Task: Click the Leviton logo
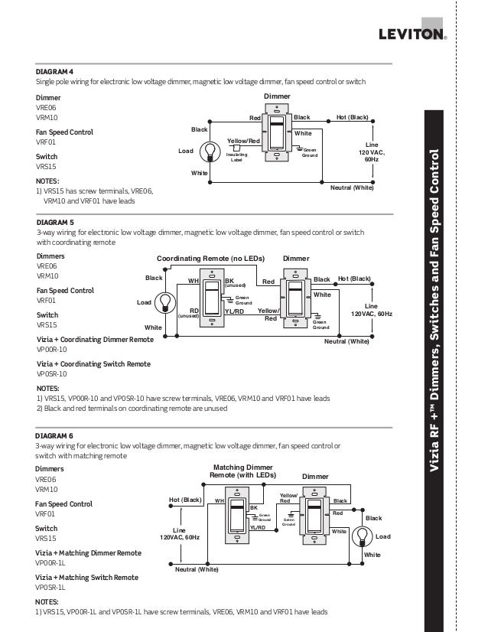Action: [412, 34]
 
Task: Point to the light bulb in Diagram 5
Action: [164, 302]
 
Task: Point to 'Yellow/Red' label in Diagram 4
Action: [244, 141]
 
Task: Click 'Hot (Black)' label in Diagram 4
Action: [352, 117]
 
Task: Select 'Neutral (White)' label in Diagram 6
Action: [197, 570]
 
